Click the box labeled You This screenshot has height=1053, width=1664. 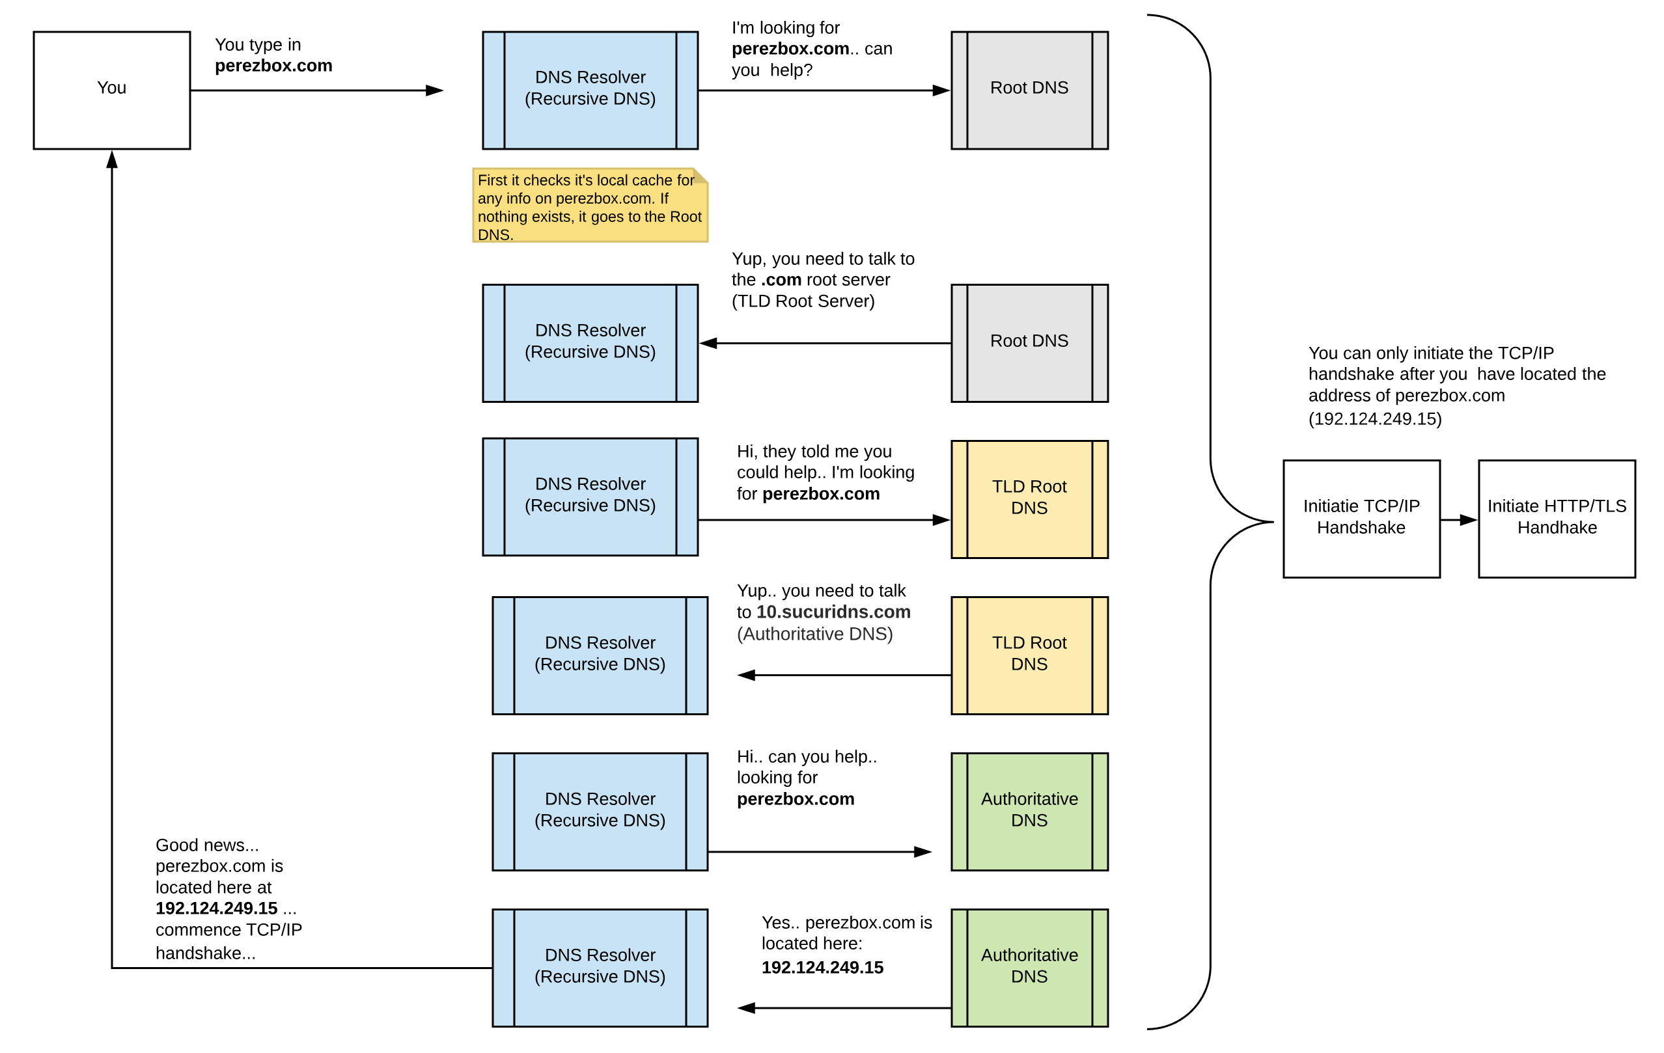(111, 90)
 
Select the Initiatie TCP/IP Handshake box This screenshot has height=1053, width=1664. (1361, 518)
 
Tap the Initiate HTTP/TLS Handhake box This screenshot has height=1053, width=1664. (1556, 518)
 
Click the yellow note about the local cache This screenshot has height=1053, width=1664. (589, 206)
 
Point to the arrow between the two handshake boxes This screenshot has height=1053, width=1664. (1458, 519)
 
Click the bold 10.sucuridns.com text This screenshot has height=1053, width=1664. (833, 612)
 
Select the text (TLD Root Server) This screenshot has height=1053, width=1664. (803, 301)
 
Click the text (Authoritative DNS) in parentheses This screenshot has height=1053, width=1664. (814, 634)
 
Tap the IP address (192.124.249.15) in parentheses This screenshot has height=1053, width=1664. (1374, 418)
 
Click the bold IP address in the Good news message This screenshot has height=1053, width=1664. (216, 908)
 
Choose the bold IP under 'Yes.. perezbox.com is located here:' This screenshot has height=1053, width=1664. (822, 967)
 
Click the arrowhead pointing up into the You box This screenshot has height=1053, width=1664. (112, 159)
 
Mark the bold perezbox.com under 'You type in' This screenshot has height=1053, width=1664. (273, 66)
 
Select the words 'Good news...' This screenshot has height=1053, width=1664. (206, 845)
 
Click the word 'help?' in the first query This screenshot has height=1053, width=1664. (791, 70)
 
